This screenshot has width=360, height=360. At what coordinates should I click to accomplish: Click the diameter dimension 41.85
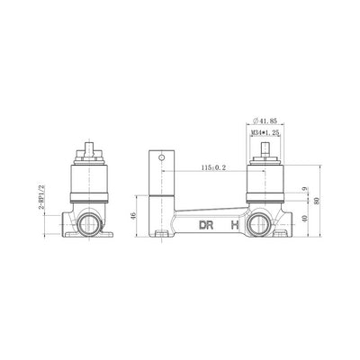(x=265, y=121)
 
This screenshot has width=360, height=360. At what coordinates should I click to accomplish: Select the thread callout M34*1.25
(x=265, y=132)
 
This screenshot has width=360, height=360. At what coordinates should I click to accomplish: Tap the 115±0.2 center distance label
(x=213, y=167)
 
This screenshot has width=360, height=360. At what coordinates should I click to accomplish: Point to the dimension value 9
(x=304, y=189)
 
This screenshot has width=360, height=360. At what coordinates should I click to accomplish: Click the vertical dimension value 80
(x=316, y=201)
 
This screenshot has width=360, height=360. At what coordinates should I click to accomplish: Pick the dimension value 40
(x=304, y=218)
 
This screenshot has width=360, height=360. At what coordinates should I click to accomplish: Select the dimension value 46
(x=133, y=215)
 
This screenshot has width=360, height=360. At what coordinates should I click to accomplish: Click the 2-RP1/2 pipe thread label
(x=41, y=197)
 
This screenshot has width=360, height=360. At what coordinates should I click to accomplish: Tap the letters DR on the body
(x=206, y=225)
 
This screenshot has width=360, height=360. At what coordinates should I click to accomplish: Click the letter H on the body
(x=235, y=225)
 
